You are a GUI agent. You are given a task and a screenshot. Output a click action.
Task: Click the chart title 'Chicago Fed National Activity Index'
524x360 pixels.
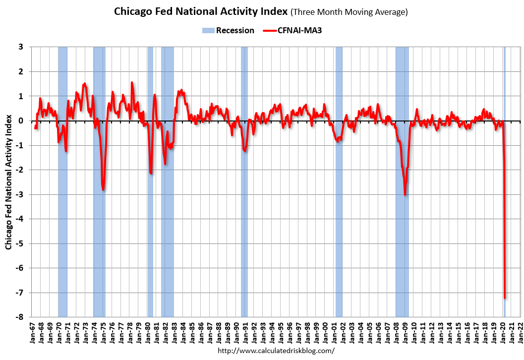pyautogui.click(x=206, y=11)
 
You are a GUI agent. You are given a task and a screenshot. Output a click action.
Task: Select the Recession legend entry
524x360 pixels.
pyautogui.click(x=229, y=30)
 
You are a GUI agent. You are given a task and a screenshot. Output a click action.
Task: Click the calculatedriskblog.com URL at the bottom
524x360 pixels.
pyautogui.click(x=276, y=351)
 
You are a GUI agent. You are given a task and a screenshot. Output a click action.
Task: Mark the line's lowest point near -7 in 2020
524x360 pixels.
pyautogui.click(x=505, y=298)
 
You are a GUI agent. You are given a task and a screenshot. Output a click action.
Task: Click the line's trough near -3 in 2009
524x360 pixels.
pyautogui.click(x=405, y=194)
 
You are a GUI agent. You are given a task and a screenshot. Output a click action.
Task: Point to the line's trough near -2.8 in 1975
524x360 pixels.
pyautogui.click(x=103, y=189)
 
